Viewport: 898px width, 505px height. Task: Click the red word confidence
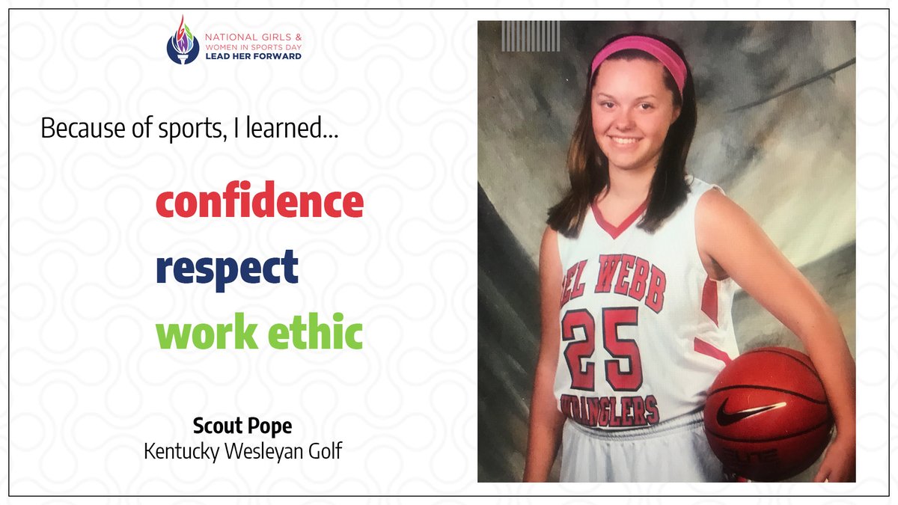259,202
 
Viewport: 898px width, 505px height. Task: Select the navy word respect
227,268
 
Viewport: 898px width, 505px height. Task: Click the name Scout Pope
242,426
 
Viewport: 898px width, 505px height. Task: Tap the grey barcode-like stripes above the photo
531,36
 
